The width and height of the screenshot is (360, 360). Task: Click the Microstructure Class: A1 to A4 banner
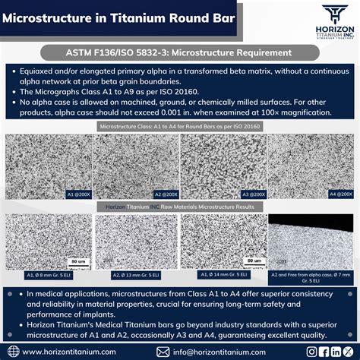[x=180, y=126]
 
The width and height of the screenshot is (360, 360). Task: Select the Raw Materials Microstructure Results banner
[x=180, y=206]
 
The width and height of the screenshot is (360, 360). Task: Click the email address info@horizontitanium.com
[x=220, y=352]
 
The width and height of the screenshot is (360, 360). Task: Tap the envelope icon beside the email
[x=163, y=352]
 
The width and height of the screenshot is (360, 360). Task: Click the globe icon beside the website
[x=12, y=352]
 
